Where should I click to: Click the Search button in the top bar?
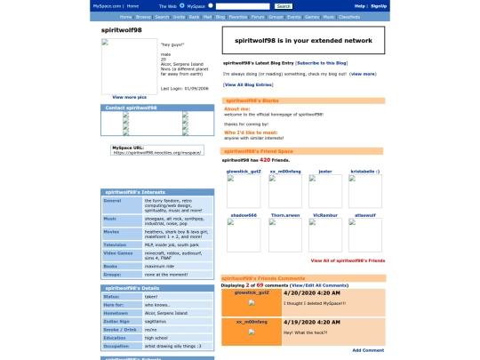point(284,5)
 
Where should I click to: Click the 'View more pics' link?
point(130,96)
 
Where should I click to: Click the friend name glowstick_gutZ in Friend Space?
point(244,171)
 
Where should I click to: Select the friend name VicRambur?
point(325,215)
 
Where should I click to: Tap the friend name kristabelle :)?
point(364,171)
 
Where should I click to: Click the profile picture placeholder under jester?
point(325,189)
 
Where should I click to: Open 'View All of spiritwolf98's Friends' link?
point(348,260)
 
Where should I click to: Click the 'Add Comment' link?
point(368,350)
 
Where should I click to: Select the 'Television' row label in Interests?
point(116,244)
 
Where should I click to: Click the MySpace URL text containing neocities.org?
point(156,152)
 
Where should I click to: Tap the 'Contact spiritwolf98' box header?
point(132,108)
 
